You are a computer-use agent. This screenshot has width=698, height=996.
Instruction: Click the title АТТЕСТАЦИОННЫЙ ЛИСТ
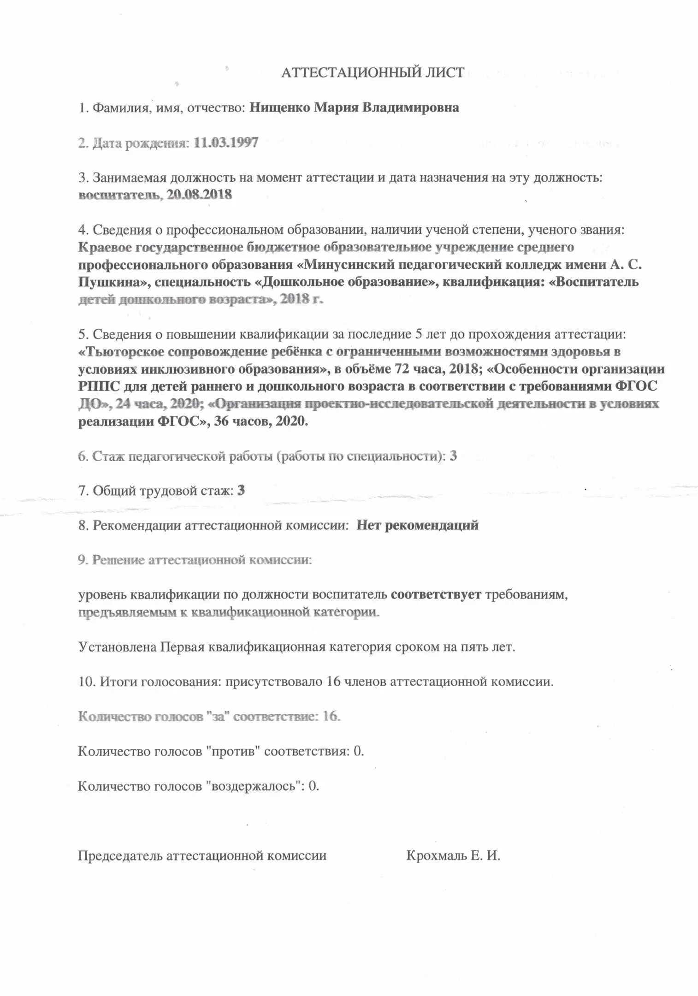point(373,73)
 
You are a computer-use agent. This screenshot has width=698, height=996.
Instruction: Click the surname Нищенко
point(279,108)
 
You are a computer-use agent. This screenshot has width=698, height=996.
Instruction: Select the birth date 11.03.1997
point(226,143)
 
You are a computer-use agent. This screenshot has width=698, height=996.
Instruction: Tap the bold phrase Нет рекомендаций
point(417,526)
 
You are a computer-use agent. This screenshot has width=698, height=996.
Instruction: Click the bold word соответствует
point(436,595)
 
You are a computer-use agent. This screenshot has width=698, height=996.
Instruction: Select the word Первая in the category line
point(183,647)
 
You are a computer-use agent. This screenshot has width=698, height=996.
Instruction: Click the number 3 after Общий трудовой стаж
point(241,491)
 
